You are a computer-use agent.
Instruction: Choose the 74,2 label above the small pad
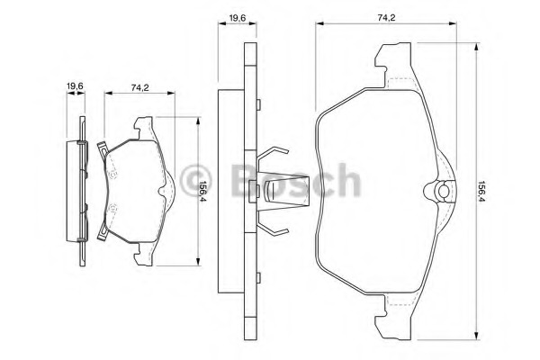point(139,87)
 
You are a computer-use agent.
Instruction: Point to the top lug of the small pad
point(144,123)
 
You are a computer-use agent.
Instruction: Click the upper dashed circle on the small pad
point(114,168)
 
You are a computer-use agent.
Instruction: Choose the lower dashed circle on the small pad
point(114,211)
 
